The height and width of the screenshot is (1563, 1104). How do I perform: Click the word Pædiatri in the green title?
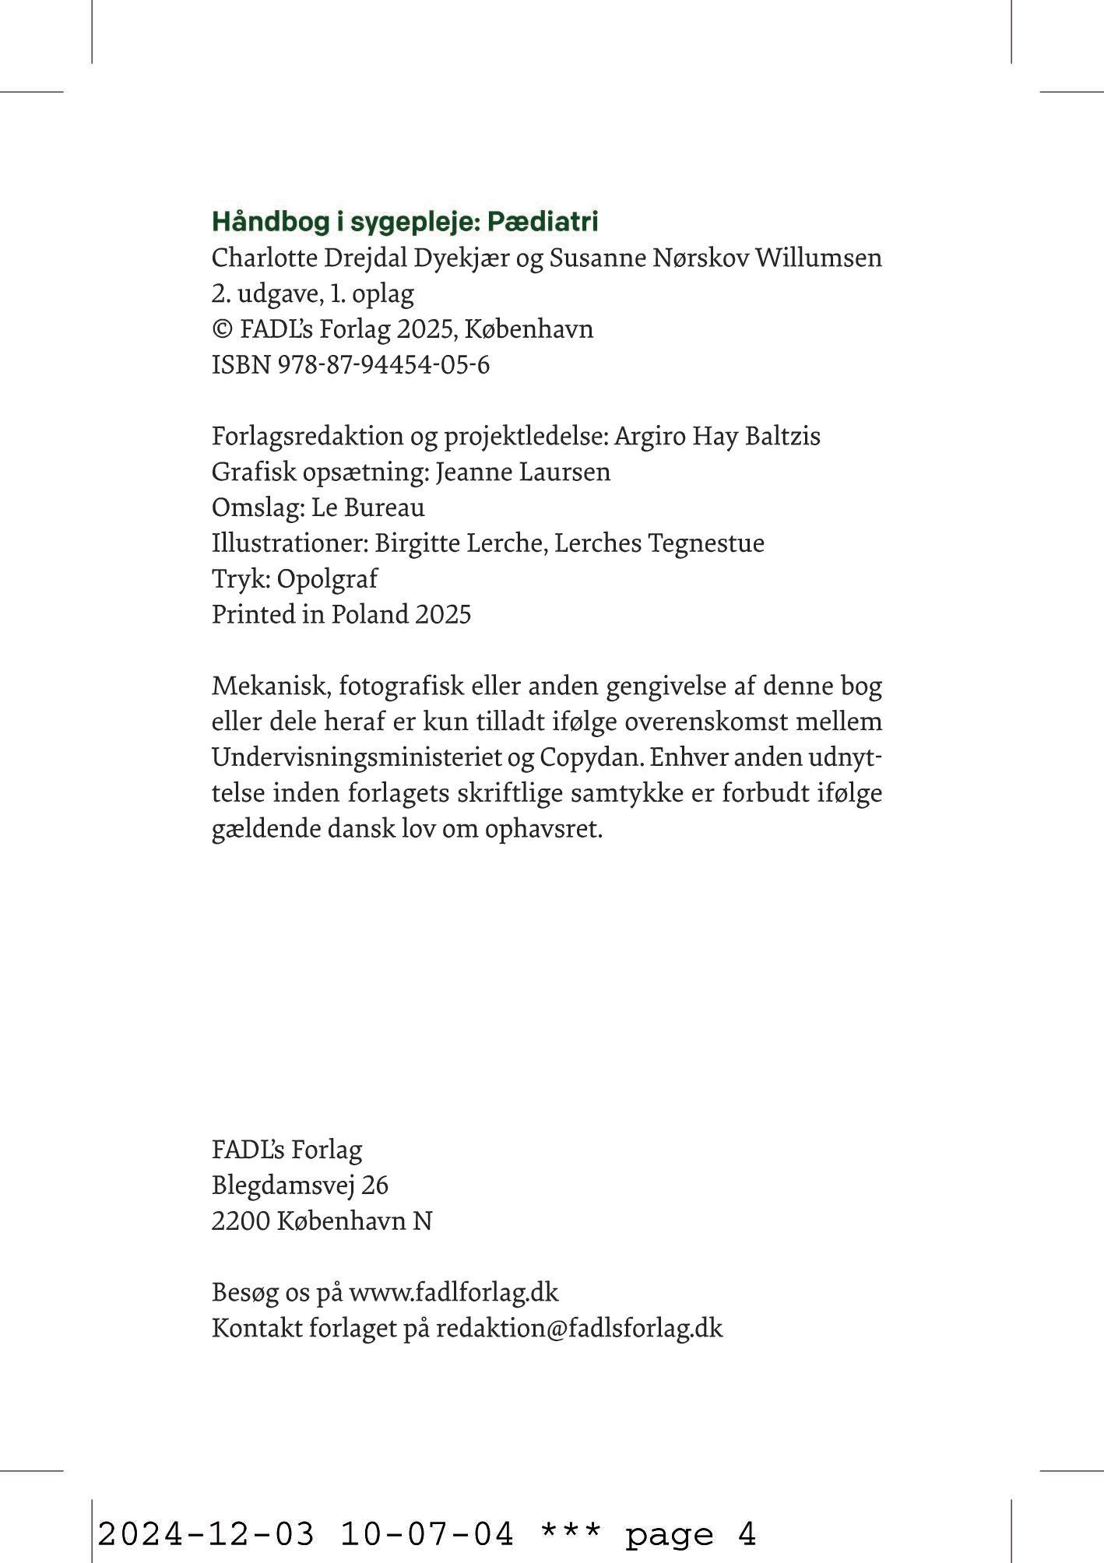(x=542, y=222)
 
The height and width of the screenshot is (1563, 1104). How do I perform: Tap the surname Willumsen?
(x=818, y=258)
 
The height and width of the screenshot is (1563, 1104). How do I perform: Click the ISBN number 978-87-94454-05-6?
(x=383, y=365)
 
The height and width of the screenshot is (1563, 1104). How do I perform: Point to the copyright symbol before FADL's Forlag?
(x=222, y=329)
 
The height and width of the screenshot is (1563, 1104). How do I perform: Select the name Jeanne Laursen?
(x=522, y=472)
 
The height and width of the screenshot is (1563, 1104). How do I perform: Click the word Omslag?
(x=255, y=508)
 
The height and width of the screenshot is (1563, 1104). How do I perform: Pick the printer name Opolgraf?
(x=327, y=579)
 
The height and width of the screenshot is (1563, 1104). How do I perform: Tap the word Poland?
(x=370, y=615)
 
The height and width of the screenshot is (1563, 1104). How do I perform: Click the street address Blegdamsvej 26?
(x=300, y=1185)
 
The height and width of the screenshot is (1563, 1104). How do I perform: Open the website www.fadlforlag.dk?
(x=453, y=1293)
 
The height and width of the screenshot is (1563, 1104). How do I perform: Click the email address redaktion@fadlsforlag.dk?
(x=579, y=1329)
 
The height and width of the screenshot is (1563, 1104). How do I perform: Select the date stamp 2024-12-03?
(x=206, y=1534)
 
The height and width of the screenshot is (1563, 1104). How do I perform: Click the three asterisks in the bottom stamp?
(x=571, y=1531)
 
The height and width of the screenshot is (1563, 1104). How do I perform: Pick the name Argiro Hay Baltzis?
(x=717, y=436)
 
